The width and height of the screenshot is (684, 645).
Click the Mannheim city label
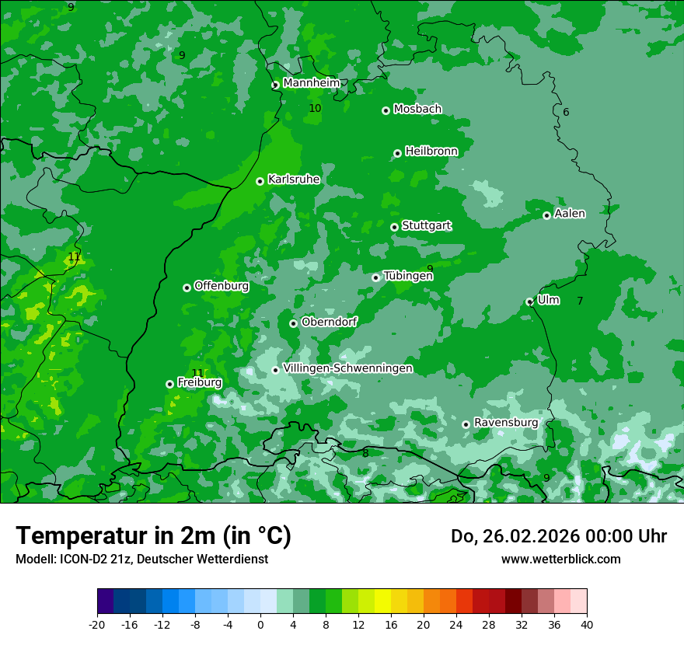coord(311,83)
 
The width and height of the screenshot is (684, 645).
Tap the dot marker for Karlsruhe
coord(260,181)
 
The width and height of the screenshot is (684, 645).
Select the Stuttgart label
coord(426,226)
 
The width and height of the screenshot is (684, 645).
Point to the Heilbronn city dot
coord(397,153)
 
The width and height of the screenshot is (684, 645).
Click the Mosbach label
coord(417,110)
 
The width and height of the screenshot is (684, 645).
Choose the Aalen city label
coord(570,214)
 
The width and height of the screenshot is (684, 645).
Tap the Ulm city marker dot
coord(530,302)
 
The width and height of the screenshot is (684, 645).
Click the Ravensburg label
coord(506,423)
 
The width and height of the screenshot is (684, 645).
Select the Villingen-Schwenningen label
coord(347,368)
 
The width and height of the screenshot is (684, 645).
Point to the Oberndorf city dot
coord(293,323)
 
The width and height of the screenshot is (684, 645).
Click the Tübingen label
coord(407,276)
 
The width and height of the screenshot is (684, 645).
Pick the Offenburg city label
coord(222,286)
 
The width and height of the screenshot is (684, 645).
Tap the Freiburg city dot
coord(169,384)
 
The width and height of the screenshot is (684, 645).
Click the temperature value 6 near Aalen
coord(566,113)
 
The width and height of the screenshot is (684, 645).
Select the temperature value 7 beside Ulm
coord(580,301)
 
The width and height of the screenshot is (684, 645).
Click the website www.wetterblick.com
coord(560,559)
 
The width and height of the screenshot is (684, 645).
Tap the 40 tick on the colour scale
coord(587,624)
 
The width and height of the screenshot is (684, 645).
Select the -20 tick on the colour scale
coord(97,624)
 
